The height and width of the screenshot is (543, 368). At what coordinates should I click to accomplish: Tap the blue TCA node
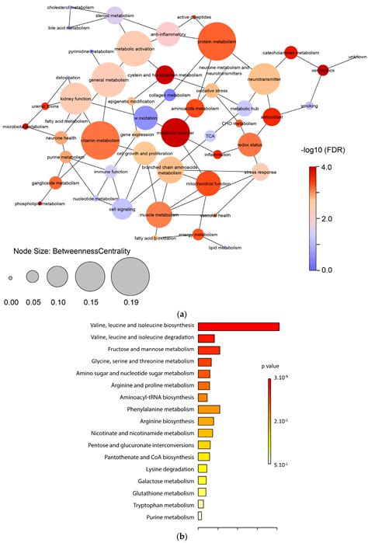(210, 136)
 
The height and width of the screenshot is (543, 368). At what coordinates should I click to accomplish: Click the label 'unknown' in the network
(358, 57)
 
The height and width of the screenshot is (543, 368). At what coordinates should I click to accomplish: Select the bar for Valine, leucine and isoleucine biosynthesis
(238, 326)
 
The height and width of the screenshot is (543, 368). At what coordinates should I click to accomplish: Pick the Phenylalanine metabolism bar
(210, 409)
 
